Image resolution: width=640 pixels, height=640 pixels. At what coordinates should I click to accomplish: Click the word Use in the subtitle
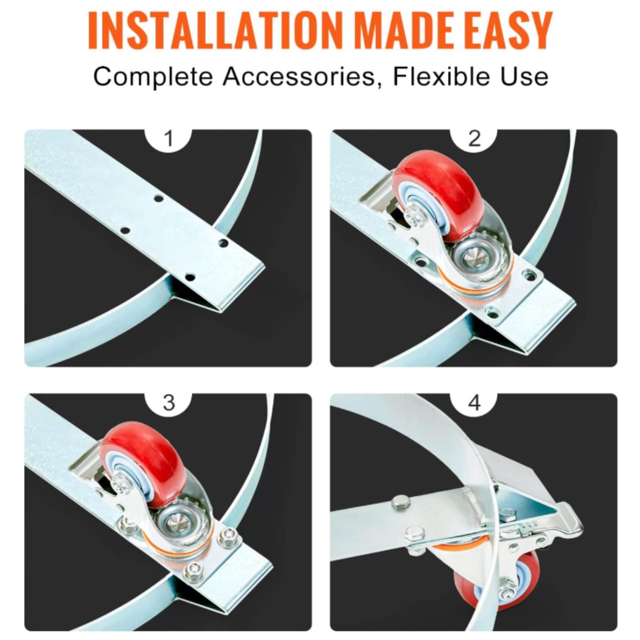526,77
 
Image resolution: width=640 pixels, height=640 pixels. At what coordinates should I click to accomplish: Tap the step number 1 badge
169,139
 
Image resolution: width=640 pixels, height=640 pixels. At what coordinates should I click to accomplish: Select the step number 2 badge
474,139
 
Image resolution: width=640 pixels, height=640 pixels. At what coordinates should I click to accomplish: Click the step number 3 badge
169,403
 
